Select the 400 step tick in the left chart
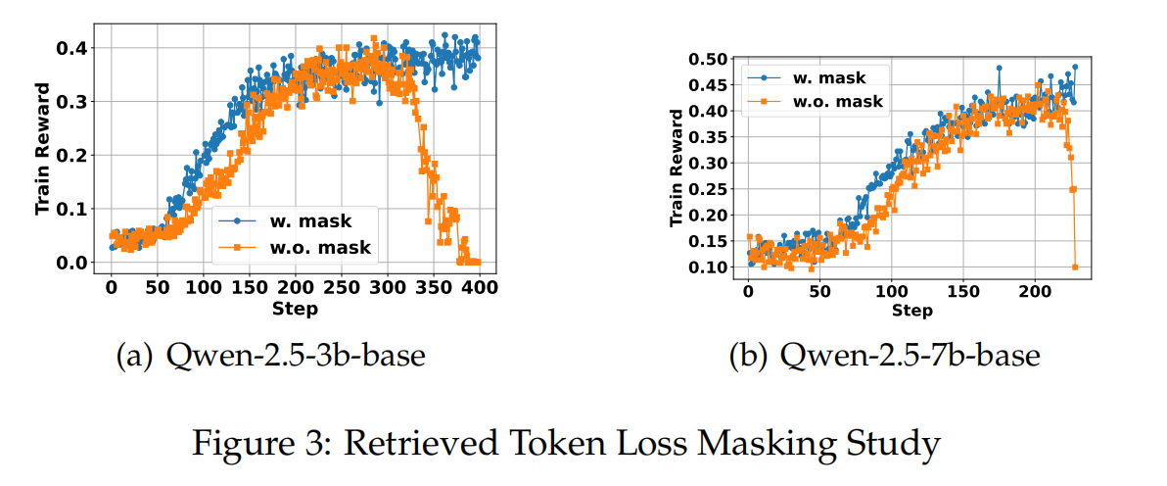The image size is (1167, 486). click(x=479, y=287)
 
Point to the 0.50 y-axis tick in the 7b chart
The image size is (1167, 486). click(x=710, y=59)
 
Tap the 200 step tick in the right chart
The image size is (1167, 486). click(x=1035, y=291)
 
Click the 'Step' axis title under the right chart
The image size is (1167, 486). click(x=911, y=311)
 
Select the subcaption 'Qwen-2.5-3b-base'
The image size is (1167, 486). click(x=270, y=356)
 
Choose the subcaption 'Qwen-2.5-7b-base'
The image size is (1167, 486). click(x=884, y=356)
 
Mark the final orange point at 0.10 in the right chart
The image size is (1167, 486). click(x=1075, y=267)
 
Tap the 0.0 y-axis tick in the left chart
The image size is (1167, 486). click(x=75, y=263)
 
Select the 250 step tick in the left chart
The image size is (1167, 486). click(x=341, y=287)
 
